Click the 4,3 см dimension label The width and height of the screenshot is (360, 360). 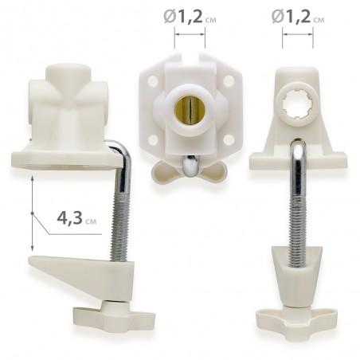coord(76,219)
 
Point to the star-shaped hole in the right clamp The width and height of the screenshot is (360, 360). coord(296,104)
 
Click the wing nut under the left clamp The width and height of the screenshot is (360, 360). coord(114,318)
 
